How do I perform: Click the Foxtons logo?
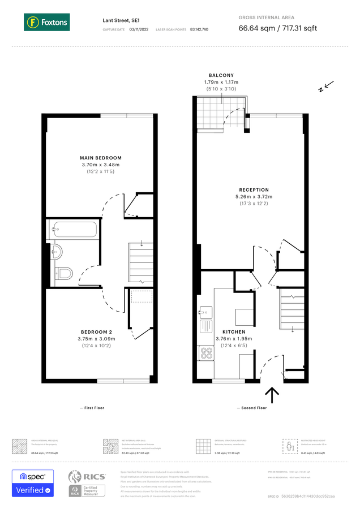click(x=47, y=23)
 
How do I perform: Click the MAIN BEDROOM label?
click(x=101, y=158)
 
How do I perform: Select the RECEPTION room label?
click(x=254, y=190)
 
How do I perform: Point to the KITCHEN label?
click(x=234, y=331)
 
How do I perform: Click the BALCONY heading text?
click(x=221, y=75)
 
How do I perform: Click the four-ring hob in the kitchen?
click(x=206, y=353)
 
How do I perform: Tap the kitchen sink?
click(x=204, y=311)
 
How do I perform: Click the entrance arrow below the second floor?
click(x=272, y=395)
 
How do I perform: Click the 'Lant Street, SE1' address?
click(x=122, y=20)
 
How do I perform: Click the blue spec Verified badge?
click(x=33, y=484)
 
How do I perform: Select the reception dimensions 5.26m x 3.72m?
click(x=254, y=197)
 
